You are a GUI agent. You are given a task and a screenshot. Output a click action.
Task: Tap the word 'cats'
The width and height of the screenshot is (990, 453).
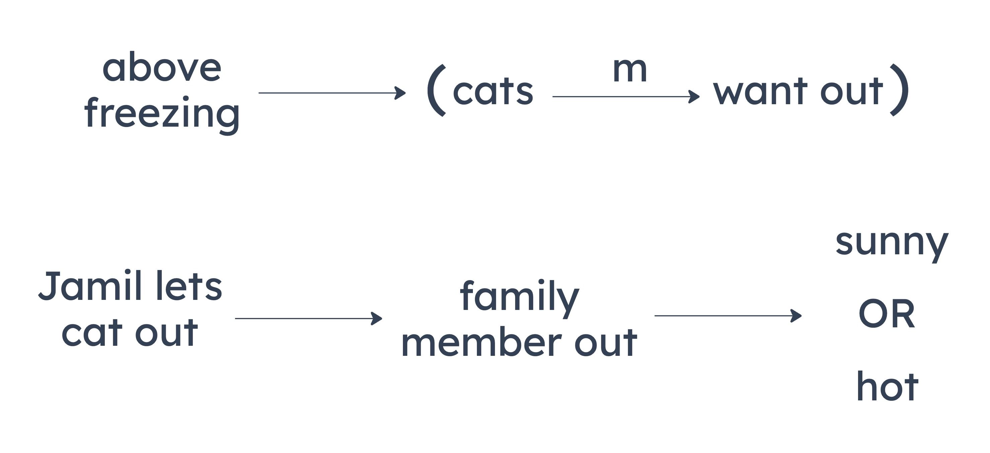[x=493, y=91]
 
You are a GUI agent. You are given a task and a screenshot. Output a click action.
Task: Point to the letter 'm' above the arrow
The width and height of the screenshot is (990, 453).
[x=630, y=70]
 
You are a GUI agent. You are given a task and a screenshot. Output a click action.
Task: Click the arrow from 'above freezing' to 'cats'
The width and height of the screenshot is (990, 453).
[x=332, y=93]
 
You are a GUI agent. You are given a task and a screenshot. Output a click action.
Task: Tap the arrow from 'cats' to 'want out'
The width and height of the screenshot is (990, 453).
[x=626, y=96]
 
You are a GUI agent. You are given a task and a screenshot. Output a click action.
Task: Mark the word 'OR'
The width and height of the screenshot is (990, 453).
[x=887, y=313]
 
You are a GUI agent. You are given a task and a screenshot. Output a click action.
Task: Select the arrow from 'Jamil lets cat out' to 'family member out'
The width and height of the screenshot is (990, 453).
[x=308, y=318]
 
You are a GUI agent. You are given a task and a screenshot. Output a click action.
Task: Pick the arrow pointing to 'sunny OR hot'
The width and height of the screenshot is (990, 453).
[x=728, y=316]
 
